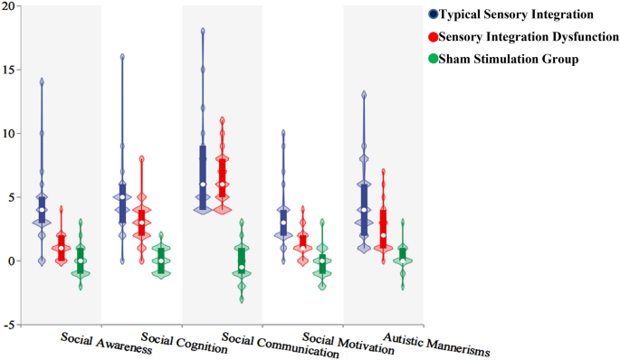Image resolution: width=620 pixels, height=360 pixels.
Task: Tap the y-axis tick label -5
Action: point(7,325)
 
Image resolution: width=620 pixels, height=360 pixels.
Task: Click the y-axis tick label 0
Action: point(11,261)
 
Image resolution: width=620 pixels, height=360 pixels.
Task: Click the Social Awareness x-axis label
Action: point(106,343)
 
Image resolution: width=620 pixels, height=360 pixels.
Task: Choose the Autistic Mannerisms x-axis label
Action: point(436,344)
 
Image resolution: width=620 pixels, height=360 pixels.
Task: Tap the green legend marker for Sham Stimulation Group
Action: point(434,59)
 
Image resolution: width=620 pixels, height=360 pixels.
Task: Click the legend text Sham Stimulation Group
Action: point(510,59)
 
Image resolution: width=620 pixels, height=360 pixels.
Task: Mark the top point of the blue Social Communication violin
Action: point(203,30)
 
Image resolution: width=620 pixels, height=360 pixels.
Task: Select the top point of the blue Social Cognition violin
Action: point(122,56)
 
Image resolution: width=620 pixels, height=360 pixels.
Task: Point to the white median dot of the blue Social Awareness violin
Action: point(42,210)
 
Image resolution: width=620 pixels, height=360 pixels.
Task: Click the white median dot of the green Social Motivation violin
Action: point(321,261)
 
